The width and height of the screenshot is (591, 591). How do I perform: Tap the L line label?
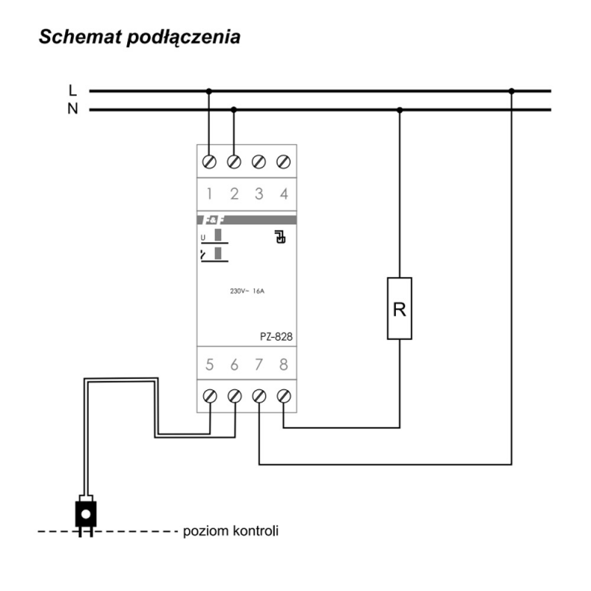[x=72, y=90]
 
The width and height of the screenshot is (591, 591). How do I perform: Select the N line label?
[x=72, y=109]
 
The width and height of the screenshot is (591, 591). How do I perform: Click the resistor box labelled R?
[x=400, y=309]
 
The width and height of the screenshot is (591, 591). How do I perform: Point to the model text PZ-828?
[x=276, y=337]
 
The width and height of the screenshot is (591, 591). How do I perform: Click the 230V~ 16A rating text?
[x=247, y=291]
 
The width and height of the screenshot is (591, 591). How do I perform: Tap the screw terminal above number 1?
[x=209, y=162]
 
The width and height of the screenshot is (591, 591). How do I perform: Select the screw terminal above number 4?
[x=284, y=162]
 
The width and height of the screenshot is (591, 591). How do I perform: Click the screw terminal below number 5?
[x=210, y=397]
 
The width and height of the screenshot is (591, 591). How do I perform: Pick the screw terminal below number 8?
[x=284, y=397]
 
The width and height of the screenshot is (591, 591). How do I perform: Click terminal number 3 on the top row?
[x=259, y=194]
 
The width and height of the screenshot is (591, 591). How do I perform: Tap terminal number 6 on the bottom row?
[x=234, y=365]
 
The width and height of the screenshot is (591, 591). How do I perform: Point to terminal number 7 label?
[x=259, y=365]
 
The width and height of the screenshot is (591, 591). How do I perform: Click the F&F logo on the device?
[x=213, y=220]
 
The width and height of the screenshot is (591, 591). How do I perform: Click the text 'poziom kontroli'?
[x=230, y=531]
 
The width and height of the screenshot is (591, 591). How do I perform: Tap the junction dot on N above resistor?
[x=400, y=110]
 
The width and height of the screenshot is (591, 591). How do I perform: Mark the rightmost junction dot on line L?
[x=511, y=91]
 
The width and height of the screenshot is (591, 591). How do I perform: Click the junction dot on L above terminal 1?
[x=209, y=91]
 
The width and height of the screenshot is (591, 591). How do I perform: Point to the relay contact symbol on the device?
[x=280, y=236]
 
